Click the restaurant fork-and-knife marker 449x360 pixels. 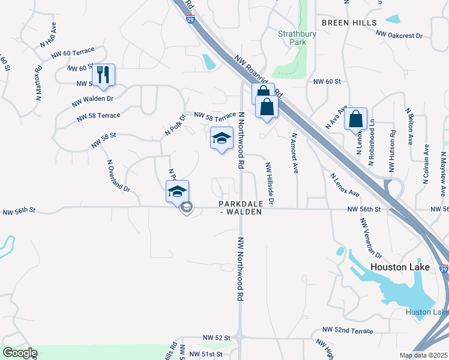pyautogui.click(x=103, y=74)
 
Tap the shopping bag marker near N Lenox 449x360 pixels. pyautogui.click(x=355, y=119)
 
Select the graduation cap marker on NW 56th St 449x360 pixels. pyautogui.click(x=177, y=191)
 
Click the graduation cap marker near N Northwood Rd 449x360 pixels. pyautogui.click(x=221, y=138)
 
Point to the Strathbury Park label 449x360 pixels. pyautogui.click(x=297, y=38)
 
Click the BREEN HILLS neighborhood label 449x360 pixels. pyautogui.click(x=349, y=23)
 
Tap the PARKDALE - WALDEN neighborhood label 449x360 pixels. pyautogui.click(x=240, y=208)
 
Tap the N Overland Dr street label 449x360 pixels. pyautogui.click(x=118, y=175)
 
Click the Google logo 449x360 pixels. pyautogui.click(x=20, y=353)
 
